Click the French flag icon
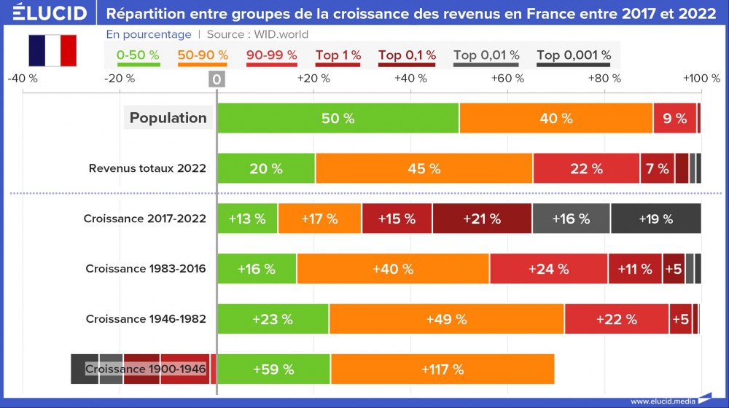click(52, 50)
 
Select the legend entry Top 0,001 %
click(574, 55)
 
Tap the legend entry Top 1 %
click(338, 55)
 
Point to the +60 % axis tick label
click(507, 78)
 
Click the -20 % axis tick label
click(120, 78)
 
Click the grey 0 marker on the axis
click(217, 79)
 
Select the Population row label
click(168, 118)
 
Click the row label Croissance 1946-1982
click(146, 319)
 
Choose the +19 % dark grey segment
click(655, 219)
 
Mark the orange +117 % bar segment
click(443, 369)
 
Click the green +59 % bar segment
click(273, 369)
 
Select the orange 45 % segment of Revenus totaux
click(424, 168)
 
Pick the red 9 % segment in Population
click(674, 118)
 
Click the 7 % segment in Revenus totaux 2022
click(657, 168)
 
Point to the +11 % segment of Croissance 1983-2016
click(634, 269)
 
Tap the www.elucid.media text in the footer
click(662, 401)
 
